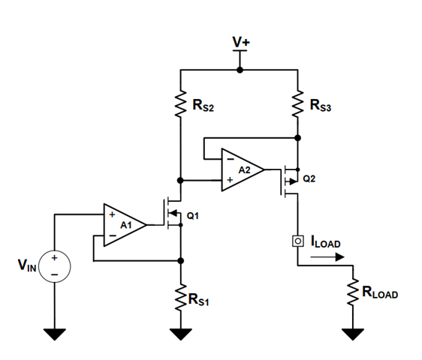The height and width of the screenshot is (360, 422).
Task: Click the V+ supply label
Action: [241, 42]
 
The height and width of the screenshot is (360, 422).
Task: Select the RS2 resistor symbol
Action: [180, 103]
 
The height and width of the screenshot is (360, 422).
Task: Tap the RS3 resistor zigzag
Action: [297, 103]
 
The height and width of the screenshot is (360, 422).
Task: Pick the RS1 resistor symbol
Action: [180, 298]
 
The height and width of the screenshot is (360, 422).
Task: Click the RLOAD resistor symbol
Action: [353, 292]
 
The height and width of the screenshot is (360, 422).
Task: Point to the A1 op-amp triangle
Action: [125, 225]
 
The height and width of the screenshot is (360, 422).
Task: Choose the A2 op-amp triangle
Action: [243, 169]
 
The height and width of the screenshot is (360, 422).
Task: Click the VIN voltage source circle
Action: [55, 266]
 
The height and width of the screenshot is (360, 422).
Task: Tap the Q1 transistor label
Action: [193, 215]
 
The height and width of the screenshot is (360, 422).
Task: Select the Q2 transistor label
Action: [309, 178]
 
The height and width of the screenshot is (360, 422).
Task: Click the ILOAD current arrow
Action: [327, 257]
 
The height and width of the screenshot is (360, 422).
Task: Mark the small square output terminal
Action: [298, 241]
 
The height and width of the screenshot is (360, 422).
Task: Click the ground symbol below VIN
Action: [55, 334]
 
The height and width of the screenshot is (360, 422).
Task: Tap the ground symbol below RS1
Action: [180, 334]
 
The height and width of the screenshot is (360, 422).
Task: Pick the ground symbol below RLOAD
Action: [353, 334]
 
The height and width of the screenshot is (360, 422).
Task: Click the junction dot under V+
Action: [240, 70]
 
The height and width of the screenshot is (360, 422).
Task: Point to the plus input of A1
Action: [112, 214]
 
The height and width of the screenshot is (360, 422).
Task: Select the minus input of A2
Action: [231, 159]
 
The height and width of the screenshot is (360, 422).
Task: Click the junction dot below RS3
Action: [297, 138]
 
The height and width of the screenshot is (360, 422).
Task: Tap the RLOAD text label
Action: [380, 292]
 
